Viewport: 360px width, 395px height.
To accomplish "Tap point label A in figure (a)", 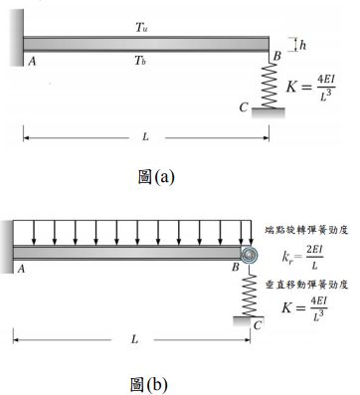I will tap(32, 61).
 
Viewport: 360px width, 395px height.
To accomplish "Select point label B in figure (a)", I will tap(277, 61).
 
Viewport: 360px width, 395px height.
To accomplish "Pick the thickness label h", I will tap(302, 44).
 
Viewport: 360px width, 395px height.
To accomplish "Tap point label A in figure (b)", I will tap(21, 269).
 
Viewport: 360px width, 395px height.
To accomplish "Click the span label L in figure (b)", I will tap(133, 338).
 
